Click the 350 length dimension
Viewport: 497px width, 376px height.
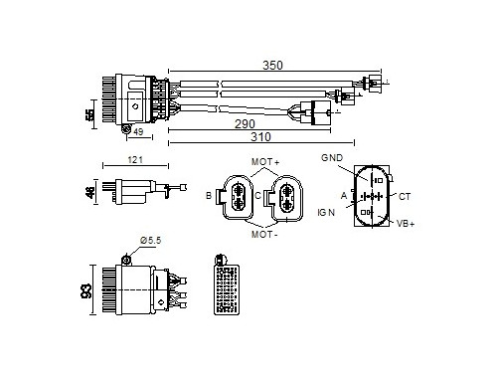point(272,65)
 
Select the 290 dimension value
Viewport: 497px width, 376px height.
point(245,123)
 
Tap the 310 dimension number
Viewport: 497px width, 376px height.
point(260,136)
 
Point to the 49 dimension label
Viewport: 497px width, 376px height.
point(138,131)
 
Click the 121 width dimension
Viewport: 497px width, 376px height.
point(135,160)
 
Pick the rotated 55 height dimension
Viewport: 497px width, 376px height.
point(89,114)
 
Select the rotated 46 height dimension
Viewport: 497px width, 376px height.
point(89,192)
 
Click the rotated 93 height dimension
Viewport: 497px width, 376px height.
point(86,290)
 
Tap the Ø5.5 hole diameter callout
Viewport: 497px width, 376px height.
point(150,240)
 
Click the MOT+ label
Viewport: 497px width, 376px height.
point(265,162)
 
